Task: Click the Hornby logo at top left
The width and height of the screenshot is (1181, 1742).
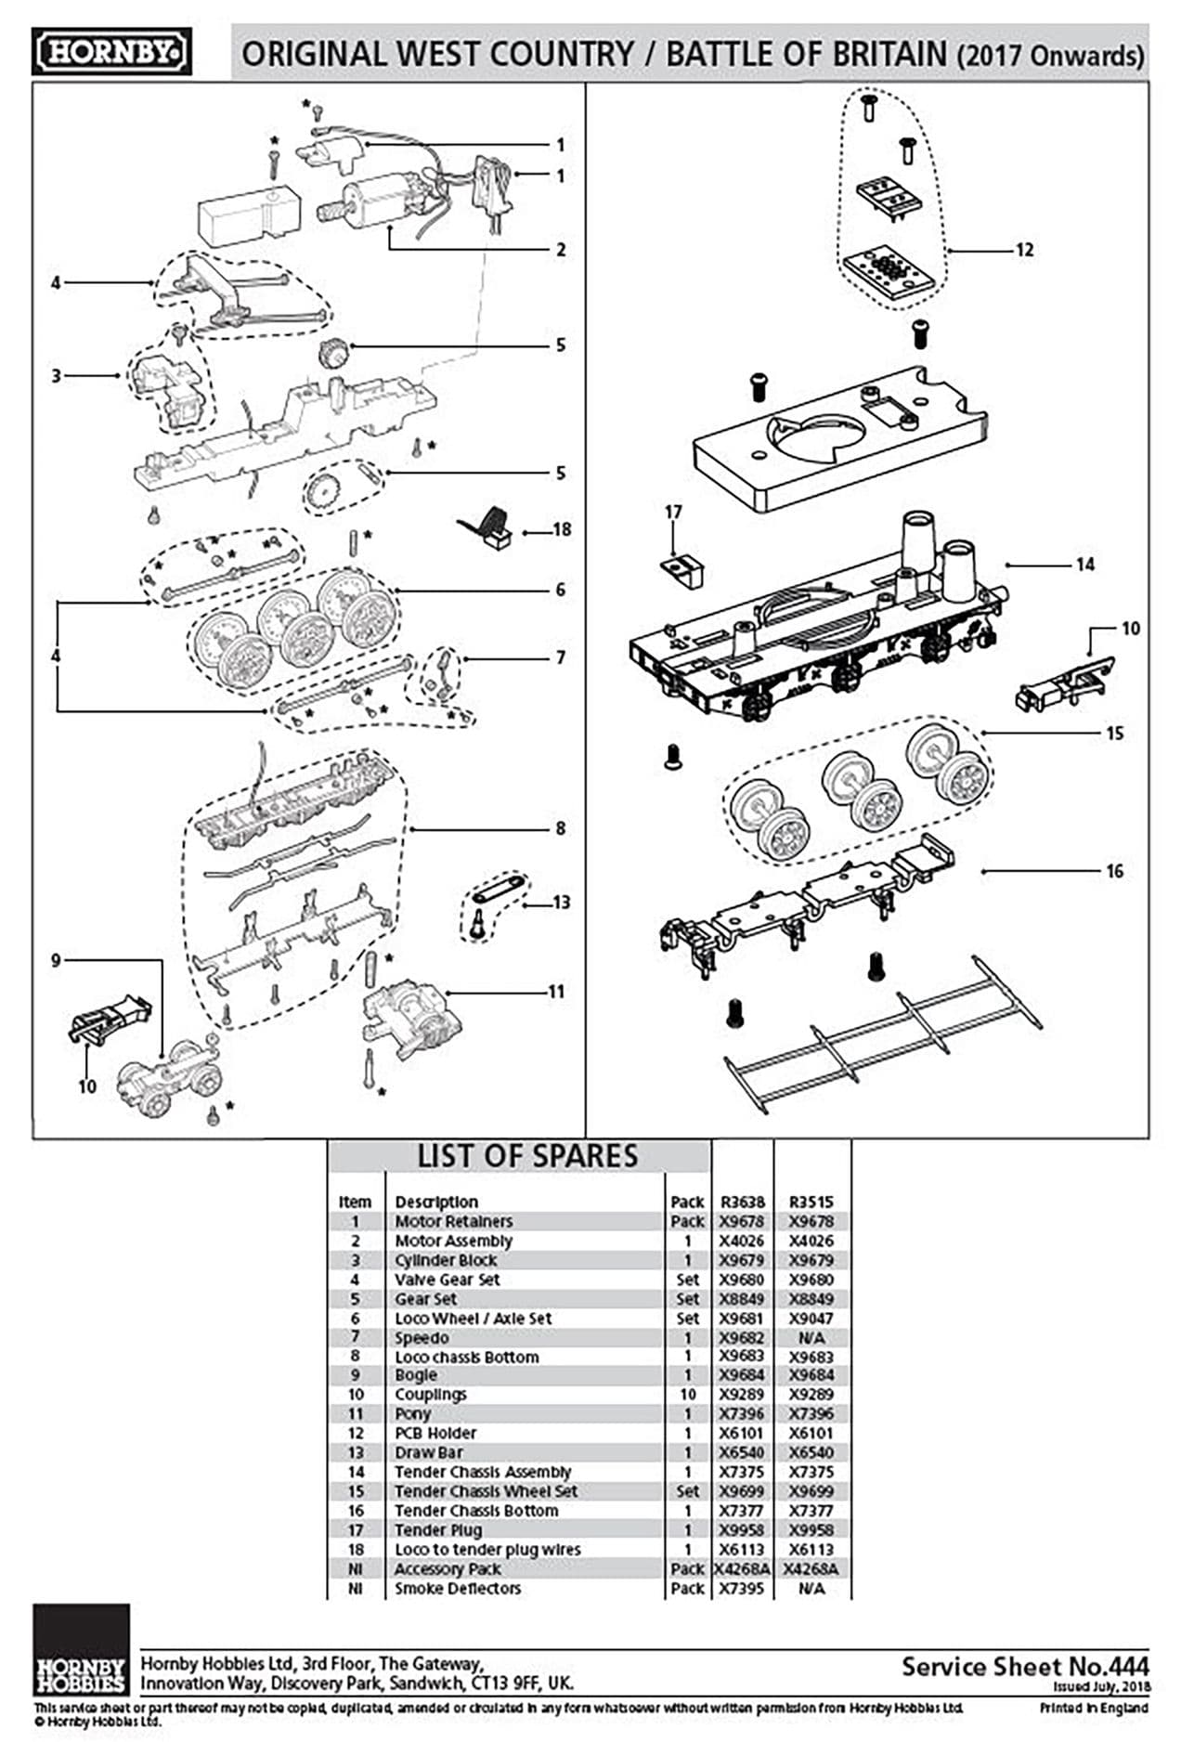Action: pyautogui.click(x=111, y=51)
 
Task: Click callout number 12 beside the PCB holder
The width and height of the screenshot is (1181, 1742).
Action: pyautogui.click(x=1023, y=250)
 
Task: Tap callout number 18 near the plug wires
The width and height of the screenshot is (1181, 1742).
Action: pyautogui.click(x=562, y=530)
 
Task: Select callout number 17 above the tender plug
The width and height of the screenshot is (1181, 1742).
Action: pyautogui.click(x=673, y=512)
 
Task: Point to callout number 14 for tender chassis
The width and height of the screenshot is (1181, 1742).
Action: pyautogui.click(x=1084, y=565)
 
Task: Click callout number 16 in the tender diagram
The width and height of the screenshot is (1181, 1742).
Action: pyautogui.click(x=1114, y=871)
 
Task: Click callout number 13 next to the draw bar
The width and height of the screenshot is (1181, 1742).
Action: pyautogui.click(x=561, y=903)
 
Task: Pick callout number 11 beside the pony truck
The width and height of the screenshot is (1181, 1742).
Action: pyautogui.click(x=555, y=992)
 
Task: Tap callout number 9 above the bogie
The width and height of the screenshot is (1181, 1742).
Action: pyautogui.click(x=56, y=960)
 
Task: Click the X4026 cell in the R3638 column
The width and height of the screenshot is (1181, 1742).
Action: pyautogui.click(x=742, y=1241)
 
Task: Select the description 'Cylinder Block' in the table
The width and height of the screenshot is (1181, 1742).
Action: pyautogui.click(x=446, y=1260)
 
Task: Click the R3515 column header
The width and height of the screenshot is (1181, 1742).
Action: pyautogui.click(x=811, y=1202)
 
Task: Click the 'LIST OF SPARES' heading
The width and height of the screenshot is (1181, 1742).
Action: pyautogui.click(x=526, y=1156)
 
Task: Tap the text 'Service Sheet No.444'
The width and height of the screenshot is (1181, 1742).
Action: pyautogui.click(x=1024, y=1666)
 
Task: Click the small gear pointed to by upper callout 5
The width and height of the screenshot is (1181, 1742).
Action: pyautogui.click(x=331, y=353)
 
